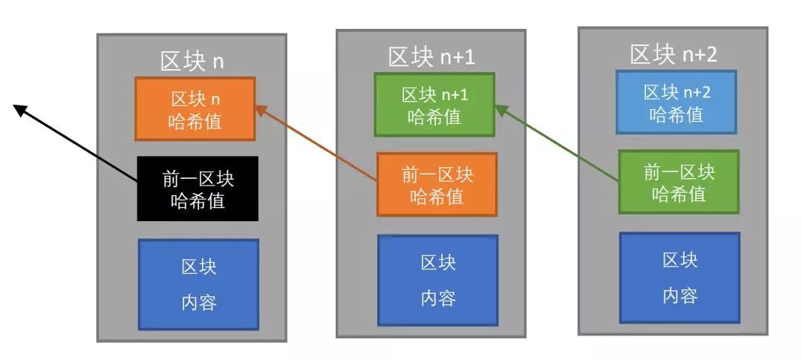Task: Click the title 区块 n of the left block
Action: [x=192, y=61]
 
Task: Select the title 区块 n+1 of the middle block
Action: [x=432, y=56]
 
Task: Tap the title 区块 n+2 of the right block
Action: [x=674, y=54]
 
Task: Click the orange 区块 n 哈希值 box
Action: [x=195, y=109]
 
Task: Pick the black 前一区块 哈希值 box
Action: [x=198, y=189]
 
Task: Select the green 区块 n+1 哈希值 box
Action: [x=434, y=105]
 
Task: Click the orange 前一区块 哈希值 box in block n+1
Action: [x=437, y=185]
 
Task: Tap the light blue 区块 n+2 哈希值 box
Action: [x=676, y=102]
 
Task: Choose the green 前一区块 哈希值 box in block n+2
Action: [x=679, y=182]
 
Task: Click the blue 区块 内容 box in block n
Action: [x=198, y=284]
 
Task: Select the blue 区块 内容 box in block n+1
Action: [x=437, y=280]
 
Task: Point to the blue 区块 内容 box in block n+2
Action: [x=679, y=278]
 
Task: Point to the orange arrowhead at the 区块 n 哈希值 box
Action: [x=260, y=110]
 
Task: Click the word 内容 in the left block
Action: [x=198, y=302]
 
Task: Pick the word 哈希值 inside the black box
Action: [x=197, y=200]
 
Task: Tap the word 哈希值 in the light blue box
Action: [x=676, y=115]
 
